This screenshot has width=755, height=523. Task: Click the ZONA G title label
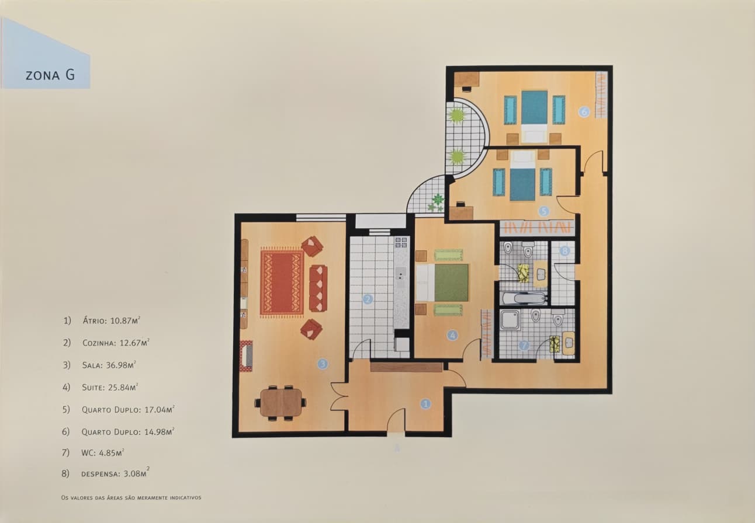50,75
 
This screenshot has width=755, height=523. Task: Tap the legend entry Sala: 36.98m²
109,365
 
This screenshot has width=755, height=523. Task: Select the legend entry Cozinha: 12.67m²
115,343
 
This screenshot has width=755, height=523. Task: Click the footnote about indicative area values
131,498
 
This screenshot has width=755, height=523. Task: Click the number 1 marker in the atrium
426,403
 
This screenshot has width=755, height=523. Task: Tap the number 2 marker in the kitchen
368,299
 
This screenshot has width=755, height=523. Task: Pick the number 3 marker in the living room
322,364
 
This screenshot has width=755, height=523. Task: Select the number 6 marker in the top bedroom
583,111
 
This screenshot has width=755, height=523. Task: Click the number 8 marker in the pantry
564,251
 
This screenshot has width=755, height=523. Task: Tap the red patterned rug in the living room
282,283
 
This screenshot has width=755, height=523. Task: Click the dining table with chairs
281,403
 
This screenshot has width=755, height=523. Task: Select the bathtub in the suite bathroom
524,298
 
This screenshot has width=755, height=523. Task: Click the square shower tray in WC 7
511,320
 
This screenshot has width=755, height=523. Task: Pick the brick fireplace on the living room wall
246,355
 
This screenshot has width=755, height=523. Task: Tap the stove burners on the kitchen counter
401,243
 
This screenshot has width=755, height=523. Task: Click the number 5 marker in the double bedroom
543,211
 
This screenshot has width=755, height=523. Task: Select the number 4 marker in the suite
452,335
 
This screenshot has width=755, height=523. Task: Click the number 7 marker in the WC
524,346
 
